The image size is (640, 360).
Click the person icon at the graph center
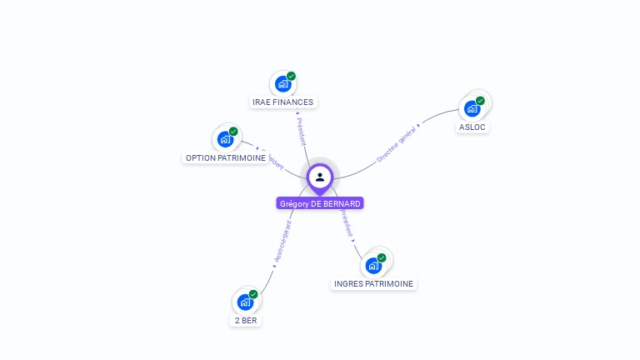click(x=320, y=177)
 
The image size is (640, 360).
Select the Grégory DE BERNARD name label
click(x=320, y=203)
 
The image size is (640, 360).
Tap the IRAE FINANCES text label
click(x=283, y=102)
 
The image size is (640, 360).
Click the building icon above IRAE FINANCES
click(x=282, y=84)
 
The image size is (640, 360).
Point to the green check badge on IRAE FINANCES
click(x=291, y=76)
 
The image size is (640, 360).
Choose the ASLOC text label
click(x=472, y=127)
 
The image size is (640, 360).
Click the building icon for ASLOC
click(x=472, y=108)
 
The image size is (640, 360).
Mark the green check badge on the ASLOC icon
click(x=480, y=101)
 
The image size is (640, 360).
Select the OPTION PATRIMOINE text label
click(x=225, y=157)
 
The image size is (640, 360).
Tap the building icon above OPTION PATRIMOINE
click(x=225, y=139)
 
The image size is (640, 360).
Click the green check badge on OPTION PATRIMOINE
click(x=233, y=131)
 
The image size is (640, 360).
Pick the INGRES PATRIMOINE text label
click(x=373, y=283)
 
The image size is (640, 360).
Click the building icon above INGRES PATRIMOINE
click(x=373, y=266)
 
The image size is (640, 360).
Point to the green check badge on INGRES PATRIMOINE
click(x=382, y=257)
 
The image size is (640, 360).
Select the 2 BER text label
click(x=246, y=320)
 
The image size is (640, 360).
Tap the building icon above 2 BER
click(x=245, y=302)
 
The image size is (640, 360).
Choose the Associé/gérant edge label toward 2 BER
click(x=282, y=242)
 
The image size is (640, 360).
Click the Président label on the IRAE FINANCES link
click(x=301, y=132)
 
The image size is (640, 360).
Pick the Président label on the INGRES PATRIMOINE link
click(x=347, y=223)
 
